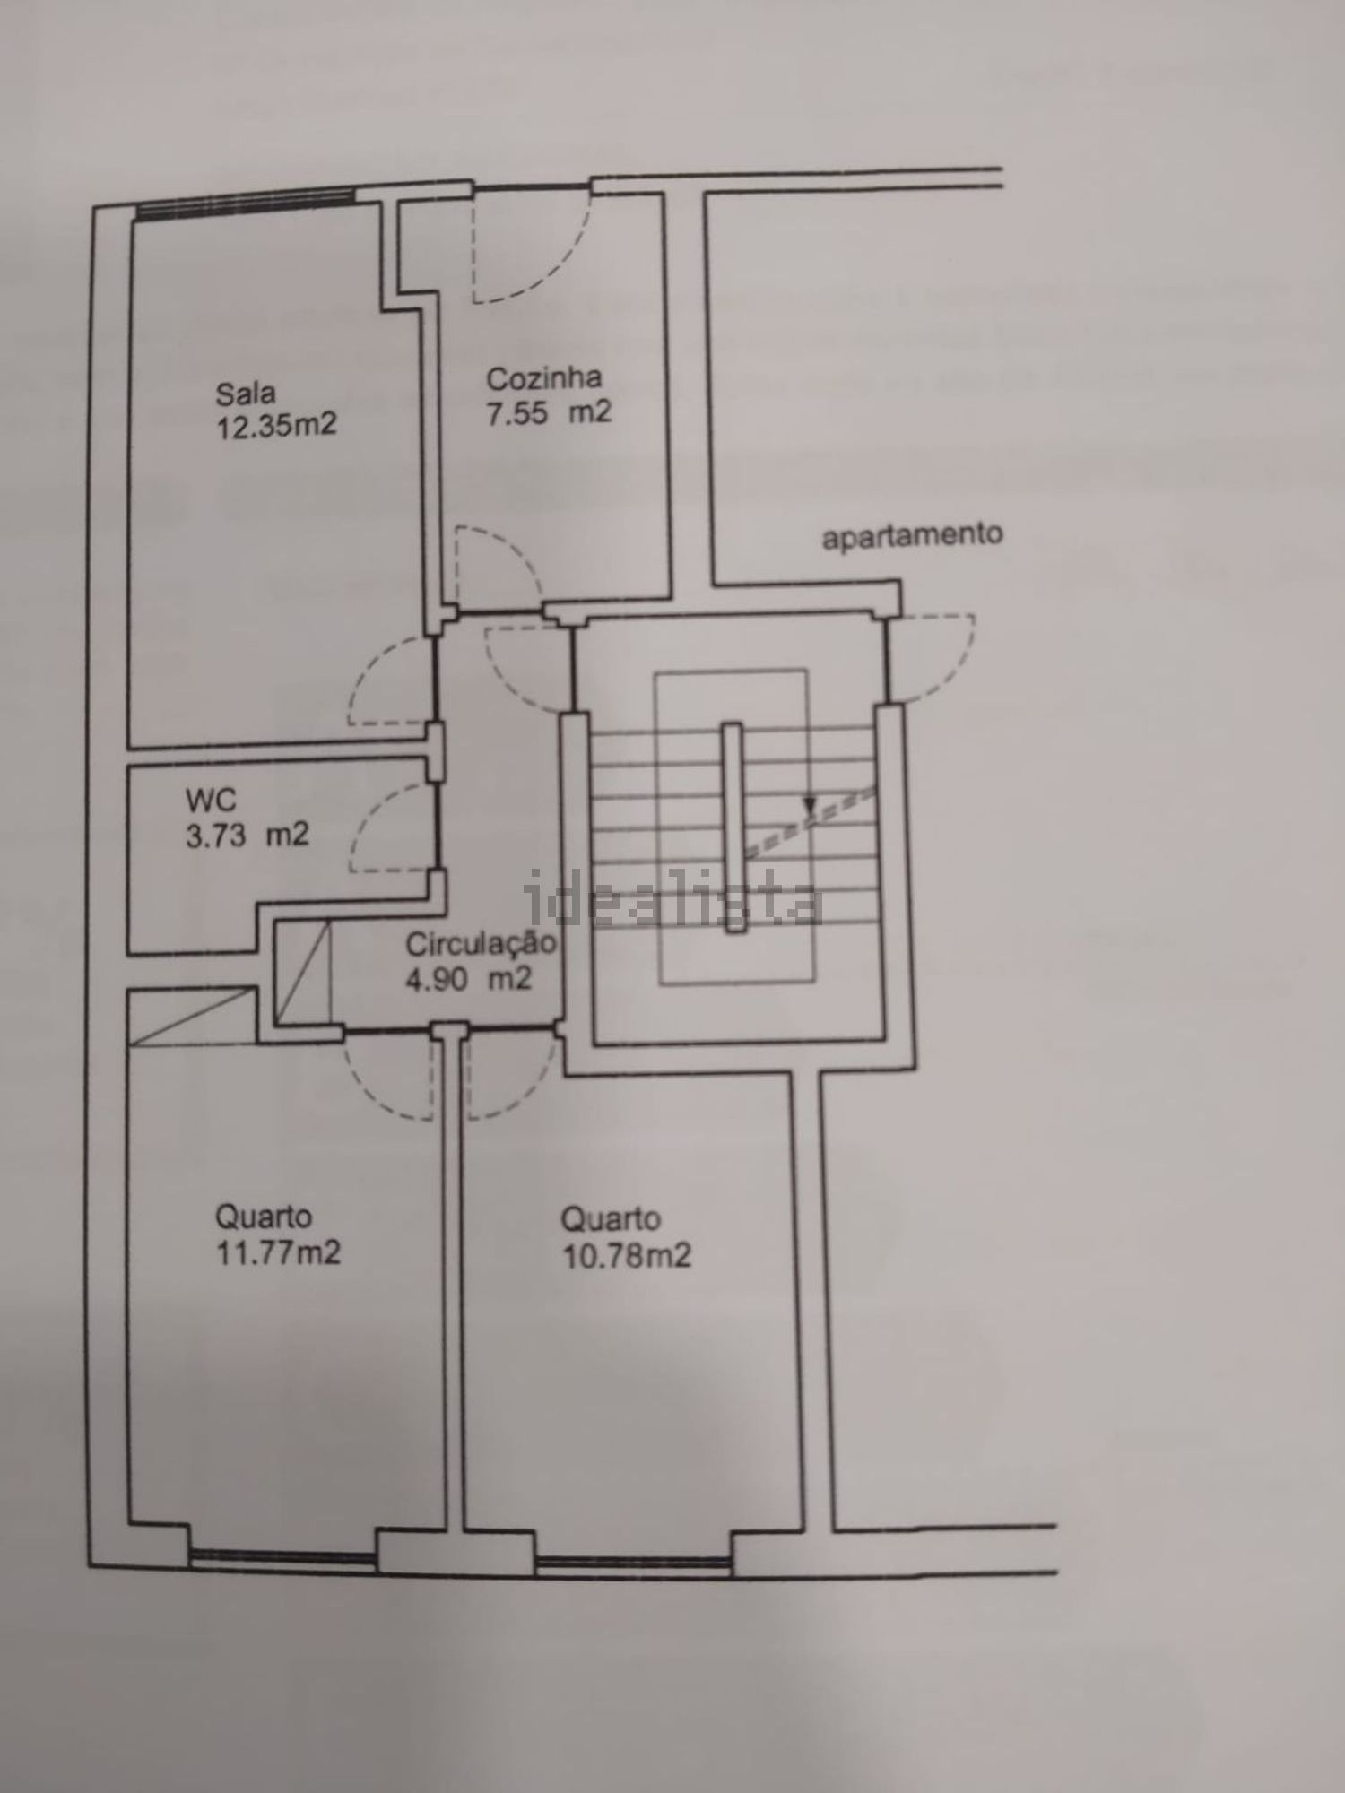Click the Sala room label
[245, 394]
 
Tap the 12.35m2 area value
[276, 424]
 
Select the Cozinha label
[543, 378]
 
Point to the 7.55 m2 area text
[549, 412]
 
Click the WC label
[210, 799]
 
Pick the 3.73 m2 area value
[247, 835]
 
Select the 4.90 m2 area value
[469, 978]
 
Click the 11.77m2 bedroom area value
[278, 1252]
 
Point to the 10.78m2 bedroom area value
[626, 1255]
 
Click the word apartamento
[913, 536]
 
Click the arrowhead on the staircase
[810, 807]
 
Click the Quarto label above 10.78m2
[611, 1219]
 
